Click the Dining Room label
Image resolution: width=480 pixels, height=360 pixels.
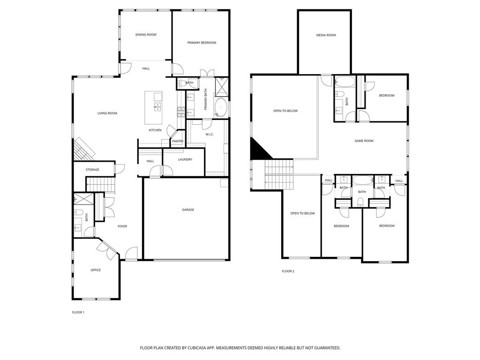click(146, 35)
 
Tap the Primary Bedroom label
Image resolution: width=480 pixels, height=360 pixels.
click(202, 43)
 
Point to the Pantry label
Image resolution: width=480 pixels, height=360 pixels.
click(178, 141)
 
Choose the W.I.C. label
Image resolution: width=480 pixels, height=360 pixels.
click(210, 135)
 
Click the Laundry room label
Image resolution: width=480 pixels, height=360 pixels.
click(185, 159)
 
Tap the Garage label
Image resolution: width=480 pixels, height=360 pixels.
click(188, 210)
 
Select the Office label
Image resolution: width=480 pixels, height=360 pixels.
click(96, 270)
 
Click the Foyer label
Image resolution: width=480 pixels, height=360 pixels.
click(122, 226)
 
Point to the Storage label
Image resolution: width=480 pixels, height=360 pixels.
click(92, 170)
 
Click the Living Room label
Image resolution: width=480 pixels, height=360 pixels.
click(107, 113)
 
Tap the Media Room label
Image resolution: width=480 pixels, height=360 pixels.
click(326, 35)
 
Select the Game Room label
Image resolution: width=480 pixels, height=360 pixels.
click(364, 141)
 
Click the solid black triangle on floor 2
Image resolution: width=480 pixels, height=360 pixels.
click(258, 150)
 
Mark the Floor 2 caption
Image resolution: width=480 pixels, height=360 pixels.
click(288, 271)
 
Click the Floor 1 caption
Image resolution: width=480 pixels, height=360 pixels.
click(78, 312)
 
